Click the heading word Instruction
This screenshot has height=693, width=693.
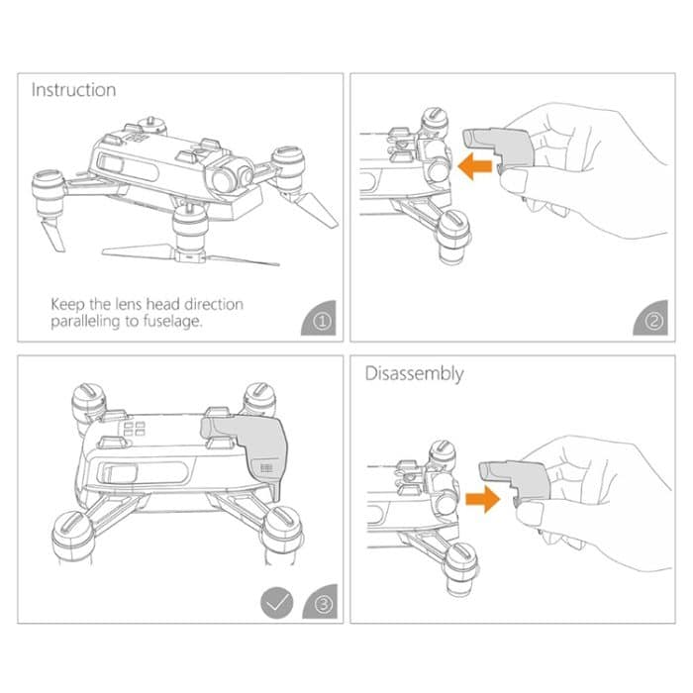click(73, 90)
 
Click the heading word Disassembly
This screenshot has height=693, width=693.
click(415, 374)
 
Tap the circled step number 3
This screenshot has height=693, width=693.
click(320, 604)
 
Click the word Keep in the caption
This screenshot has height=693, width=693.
click(71, 304)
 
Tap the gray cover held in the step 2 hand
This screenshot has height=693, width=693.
click(500, 149)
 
